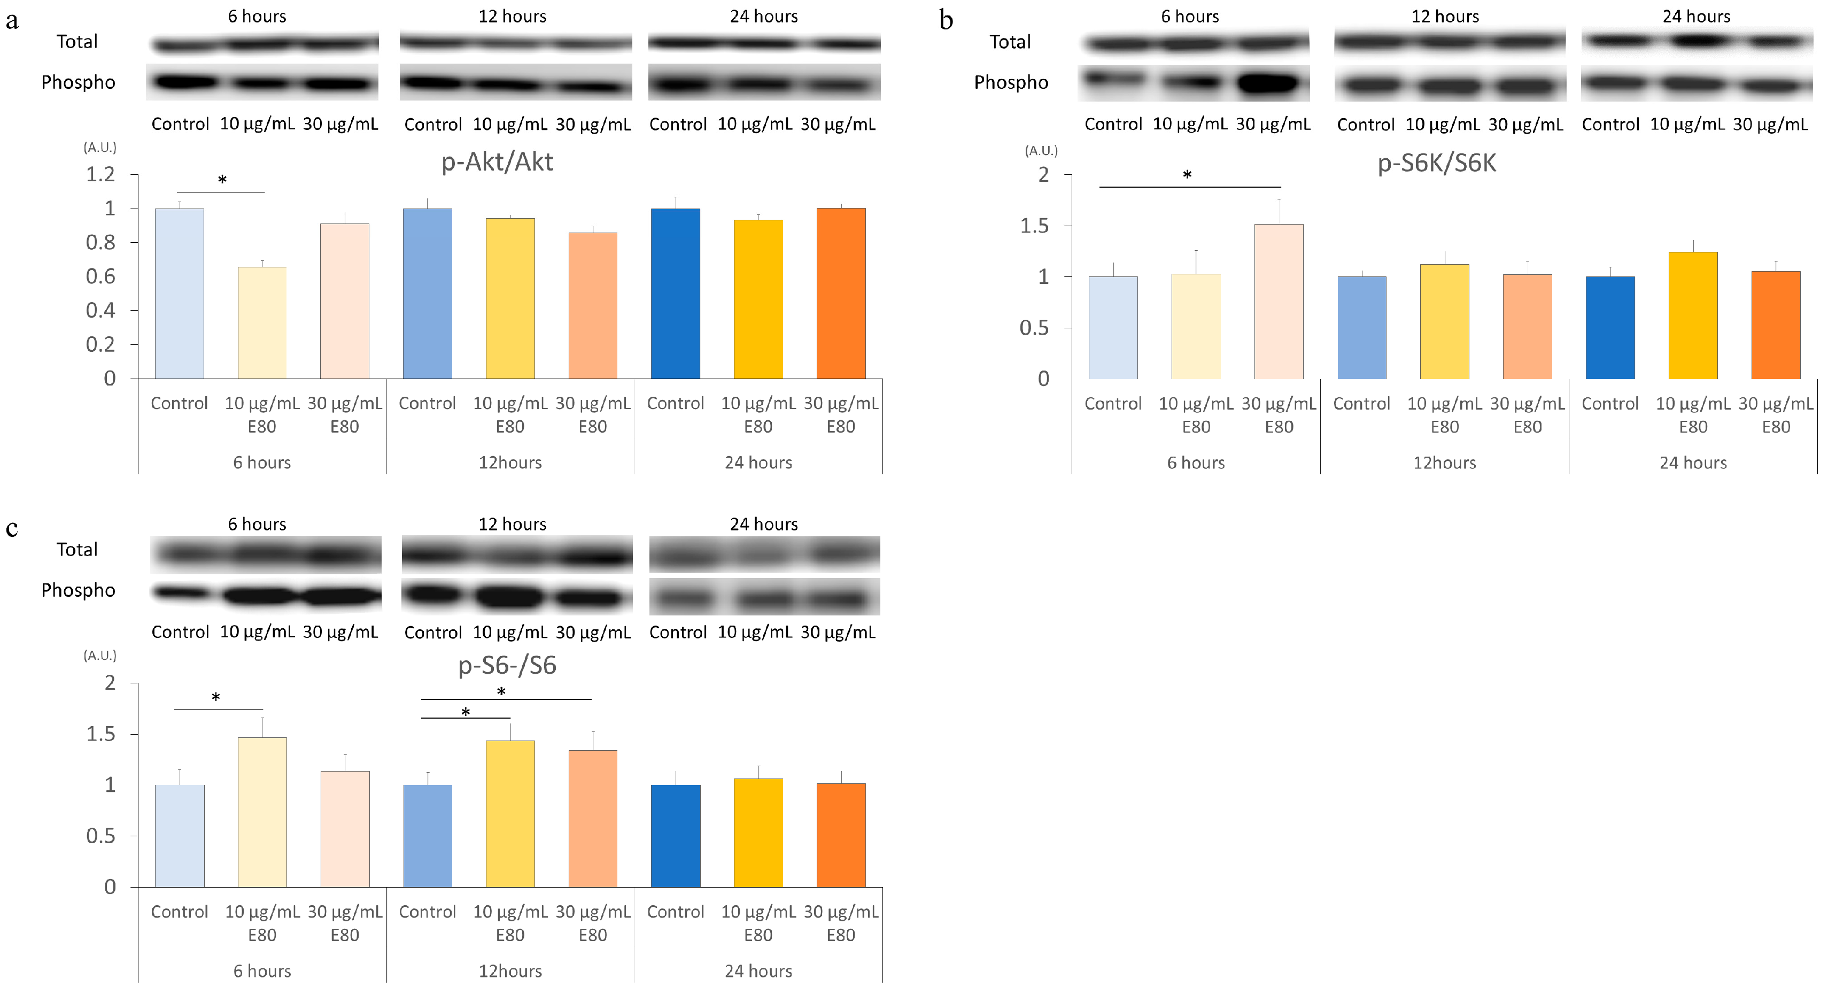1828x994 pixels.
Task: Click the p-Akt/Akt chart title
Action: [497, 162]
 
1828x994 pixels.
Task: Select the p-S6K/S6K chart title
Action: [1436, 163]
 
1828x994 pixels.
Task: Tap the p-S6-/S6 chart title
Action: [507, 665]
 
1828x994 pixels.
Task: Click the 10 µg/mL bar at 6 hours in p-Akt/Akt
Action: [262, 323]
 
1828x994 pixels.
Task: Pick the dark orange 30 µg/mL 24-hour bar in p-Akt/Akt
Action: [841, 293]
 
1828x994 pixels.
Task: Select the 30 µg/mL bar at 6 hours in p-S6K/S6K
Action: [1278, 302]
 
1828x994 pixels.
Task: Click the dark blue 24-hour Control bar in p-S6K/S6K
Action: [1609, 327]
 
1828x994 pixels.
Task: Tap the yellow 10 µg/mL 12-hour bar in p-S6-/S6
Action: [510, 814]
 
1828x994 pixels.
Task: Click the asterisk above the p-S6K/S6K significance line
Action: [1187, 175]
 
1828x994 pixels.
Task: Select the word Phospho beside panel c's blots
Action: [78, 590]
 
